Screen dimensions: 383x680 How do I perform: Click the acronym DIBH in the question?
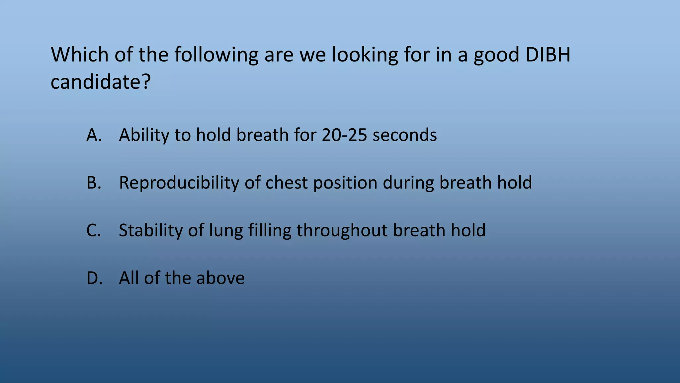tap(548, 55)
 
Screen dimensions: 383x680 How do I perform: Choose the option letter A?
tap(93, 135)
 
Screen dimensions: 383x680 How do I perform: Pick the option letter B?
tap(93, 183)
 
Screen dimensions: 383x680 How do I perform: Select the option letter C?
tap(93, 230)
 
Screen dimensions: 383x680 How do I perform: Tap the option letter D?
tap(94, 278)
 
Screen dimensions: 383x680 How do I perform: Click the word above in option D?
tap(220, 278)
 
